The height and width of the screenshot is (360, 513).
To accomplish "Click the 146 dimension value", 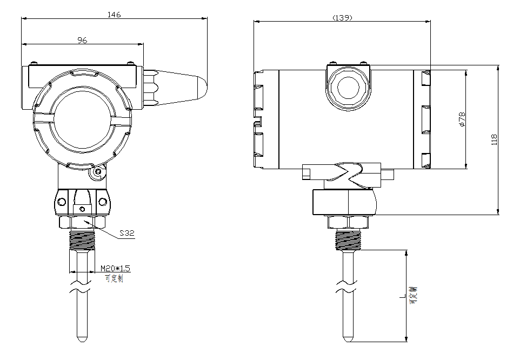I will pos(114,15).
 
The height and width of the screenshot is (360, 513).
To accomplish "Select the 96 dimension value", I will pos(82,40).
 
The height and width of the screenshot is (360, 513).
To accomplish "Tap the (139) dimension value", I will pos(342,18).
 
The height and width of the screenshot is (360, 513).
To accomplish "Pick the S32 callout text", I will pos(126,233).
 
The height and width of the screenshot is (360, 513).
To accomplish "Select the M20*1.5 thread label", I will pos(116,268).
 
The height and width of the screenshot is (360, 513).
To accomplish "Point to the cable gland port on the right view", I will pos(348,87).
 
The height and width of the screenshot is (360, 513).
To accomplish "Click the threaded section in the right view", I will pos(349,240).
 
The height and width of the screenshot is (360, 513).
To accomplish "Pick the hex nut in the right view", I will pos(349,222).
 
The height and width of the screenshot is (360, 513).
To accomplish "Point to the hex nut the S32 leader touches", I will pos(82,222).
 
